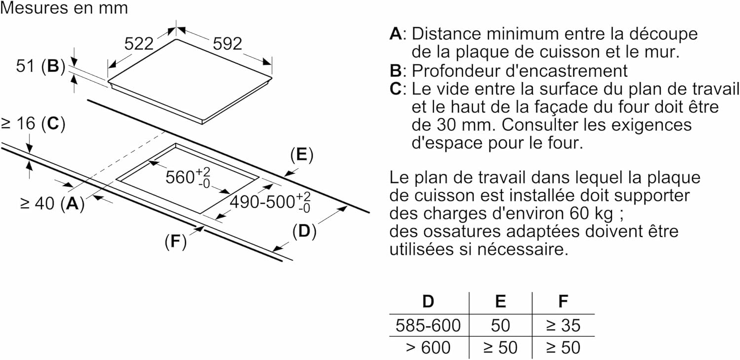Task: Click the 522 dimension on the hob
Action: [139, 44]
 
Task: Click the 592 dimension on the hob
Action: [227, 44]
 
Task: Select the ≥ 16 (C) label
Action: [33, 124]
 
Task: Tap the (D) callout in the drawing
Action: [304, 231]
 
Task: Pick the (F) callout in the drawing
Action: [176, 242]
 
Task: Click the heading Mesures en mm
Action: [64, 8]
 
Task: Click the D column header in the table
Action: [428, 301]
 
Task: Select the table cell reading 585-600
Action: [428, 325]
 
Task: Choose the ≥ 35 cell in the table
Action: [562, 325]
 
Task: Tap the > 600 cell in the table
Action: [428, 348]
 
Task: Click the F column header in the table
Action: [562, 301]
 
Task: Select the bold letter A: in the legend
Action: [397, 34]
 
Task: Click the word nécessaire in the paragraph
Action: [519, 249]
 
